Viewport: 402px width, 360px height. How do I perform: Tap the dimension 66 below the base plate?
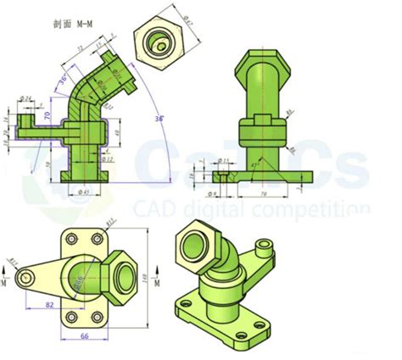85,335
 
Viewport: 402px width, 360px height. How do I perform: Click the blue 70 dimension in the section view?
48,112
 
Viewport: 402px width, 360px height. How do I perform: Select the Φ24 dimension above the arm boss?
25,99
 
